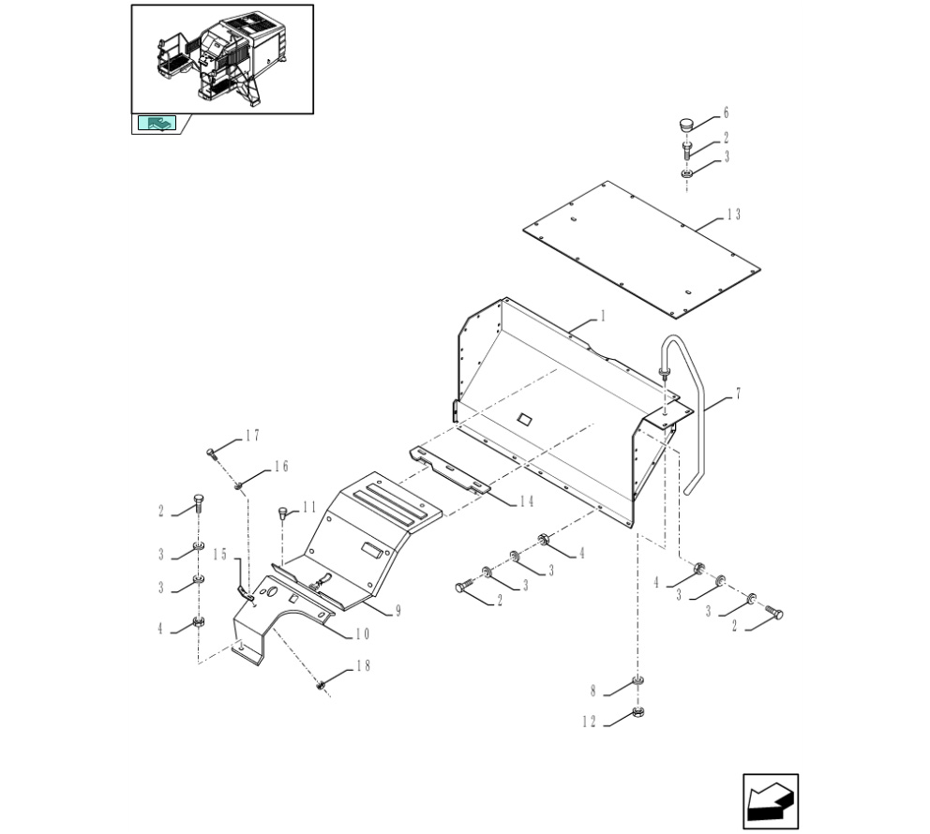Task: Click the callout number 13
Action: (734, 215)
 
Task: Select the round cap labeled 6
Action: (685, 125)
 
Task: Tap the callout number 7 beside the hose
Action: (738, 394)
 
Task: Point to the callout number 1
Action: (603, 316)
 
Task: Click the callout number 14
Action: (527, 501)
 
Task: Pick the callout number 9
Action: (398, 611)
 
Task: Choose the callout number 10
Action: (363, 634)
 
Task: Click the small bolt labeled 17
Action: (211, 454)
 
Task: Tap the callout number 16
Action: (281, 467)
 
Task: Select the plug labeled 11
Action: (283, 513)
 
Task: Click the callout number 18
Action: (363, 665)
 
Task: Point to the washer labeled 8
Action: (638, 680)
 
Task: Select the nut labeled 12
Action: (638, 711)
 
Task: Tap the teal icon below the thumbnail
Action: (157, 123)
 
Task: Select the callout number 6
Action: (726, 112)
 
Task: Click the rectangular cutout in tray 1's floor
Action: (524, 419)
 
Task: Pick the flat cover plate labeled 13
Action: (642, 249)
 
